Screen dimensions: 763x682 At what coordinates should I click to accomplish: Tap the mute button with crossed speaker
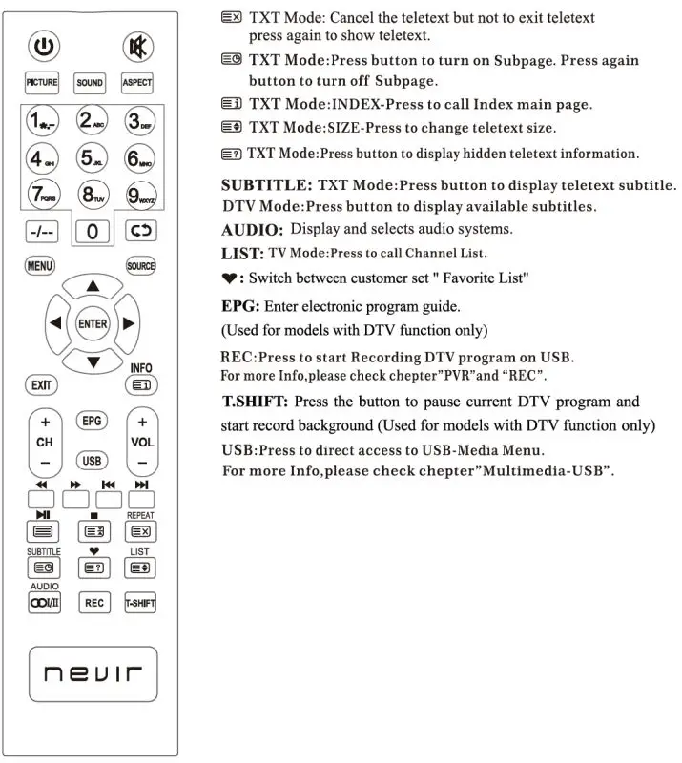[x=136, y=45]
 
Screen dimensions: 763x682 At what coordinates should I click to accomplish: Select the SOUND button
[x=90, y=83]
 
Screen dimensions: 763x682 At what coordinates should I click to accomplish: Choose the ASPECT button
[x=136, y=83]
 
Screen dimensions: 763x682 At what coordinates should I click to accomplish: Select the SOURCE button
[x=140, y=266]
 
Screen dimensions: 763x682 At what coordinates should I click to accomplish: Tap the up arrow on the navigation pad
[x=92, y=286]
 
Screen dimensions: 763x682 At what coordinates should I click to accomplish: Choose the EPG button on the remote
[x=92, y=421]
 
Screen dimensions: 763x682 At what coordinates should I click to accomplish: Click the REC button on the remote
[x=93, y=603]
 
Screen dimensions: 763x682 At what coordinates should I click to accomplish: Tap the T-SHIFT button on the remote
[x=140, y=603]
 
